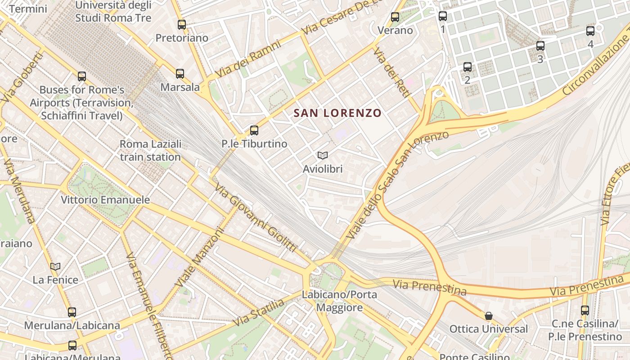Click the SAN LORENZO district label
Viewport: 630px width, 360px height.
337,113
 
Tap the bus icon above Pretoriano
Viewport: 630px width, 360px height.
182,25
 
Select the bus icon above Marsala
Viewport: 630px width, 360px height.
180,73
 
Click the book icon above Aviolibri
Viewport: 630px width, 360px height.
322,155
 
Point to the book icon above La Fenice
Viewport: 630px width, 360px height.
55,266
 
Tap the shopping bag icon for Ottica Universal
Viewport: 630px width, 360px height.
489,316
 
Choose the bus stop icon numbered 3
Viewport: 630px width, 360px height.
540,46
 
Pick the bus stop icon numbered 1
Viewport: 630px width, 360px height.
443,16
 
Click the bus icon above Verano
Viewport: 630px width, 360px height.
395,17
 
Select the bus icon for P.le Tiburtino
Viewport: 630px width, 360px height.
254,130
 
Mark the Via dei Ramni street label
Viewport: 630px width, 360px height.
248,59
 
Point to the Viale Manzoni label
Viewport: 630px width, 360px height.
200,258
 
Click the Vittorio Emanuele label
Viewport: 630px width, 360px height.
105,199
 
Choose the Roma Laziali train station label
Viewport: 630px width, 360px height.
150,150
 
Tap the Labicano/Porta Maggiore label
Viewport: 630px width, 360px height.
339,301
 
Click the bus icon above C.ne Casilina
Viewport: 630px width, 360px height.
585,310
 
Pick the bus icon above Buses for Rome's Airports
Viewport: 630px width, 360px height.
81,76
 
